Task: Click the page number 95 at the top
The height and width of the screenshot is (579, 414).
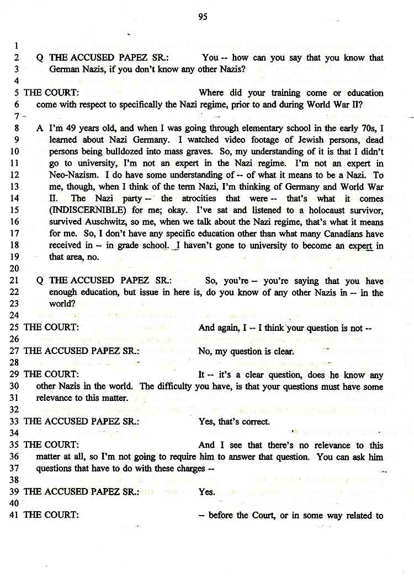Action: pyautogui.click(x=203, y=17)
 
